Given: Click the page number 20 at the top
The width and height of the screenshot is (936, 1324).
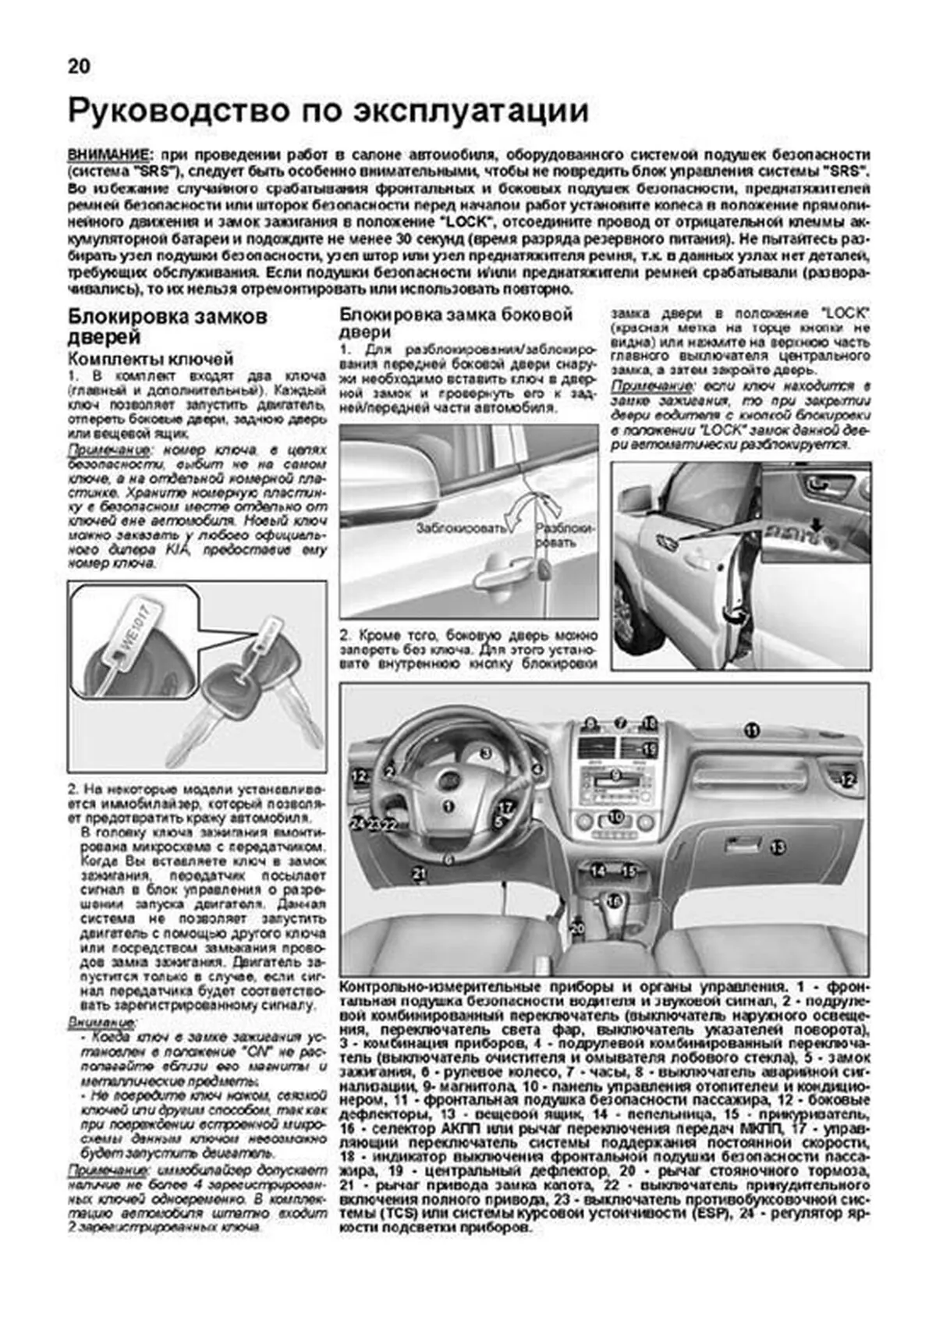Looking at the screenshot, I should [x=79, y=66].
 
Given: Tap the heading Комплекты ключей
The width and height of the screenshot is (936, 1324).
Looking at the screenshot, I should [x=151, y=359].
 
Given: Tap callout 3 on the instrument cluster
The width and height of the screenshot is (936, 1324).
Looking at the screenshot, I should [x=485, y=753].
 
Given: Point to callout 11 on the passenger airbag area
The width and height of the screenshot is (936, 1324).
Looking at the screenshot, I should [x=750, y=730].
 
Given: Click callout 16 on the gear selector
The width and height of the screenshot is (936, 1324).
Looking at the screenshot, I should [x=615, y=901].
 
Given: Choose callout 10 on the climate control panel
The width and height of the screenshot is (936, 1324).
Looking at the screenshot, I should [x=616, y=817].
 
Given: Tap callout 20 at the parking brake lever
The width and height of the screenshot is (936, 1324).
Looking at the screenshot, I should [x=577, y=928].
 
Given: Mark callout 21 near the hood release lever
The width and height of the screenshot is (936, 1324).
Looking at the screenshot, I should [x=420, y=874].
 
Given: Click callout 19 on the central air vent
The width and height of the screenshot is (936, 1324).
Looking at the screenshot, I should [x=650, y=749].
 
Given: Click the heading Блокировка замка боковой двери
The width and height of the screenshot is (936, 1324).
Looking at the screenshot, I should [x=456, y=322].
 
